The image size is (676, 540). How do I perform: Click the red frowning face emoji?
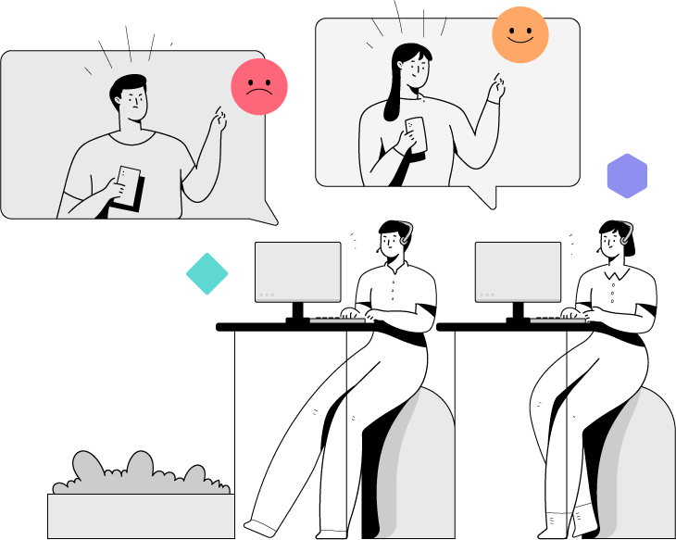(x=259, y=87)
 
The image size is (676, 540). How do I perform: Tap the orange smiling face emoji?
(x=520, y=35)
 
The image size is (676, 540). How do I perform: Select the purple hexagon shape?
(x=627, y=176)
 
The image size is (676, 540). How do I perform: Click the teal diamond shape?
(x=207, y=274)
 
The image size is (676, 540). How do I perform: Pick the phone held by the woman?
(x=416, y=133)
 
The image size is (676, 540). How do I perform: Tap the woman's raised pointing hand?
(x=498, y=90)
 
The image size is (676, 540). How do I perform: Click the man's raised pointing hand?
(x=219, y=119)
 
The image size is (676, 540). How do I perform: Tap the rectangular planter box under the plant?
(x=141, y=515)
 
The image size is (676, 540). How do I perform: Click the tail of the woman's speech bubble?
(x=483, y=195)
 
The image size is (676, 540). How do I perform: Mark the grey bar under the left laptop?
(x=337, y=320)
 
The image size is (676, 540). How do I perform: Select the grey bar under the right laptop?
(x=557, y=320)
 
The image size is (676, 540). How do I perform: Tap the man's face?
(x=135, y=102)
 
